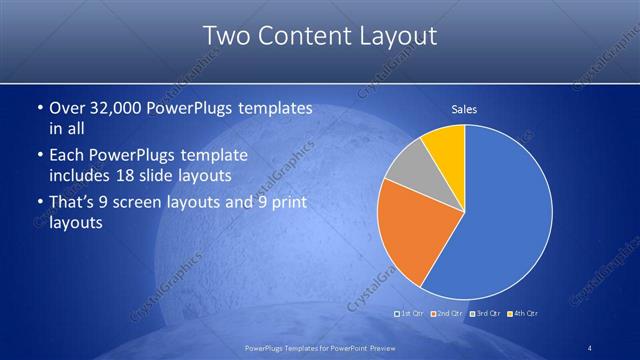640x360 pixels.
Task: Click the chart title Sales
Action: coord(463,109)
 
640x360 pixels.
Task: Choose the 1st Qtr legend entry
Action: coord(410,314)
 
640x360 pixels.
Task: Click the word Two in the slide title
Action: coord(225,36)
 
